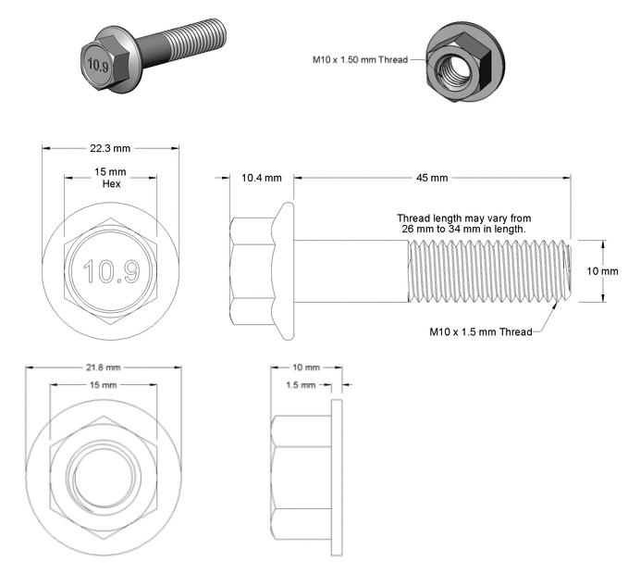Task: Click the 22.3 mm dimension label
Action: point(110,148)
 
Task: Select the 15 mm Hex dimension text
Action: point(111,178)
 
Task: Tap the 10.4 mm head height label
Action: point(262,178)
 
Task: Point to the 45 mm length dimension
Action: point(432,178)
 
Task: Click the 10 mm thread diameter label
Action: point(602,271)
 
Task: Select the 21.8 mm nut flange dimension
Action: point(103,368)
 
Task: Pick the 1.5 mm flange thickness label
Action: point(301,385)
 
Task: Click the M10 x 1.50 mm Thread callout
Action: point(360,60)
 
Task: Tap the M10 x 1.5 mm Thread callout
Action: point(481,331)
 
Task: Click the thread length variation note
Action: point(463,224)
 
